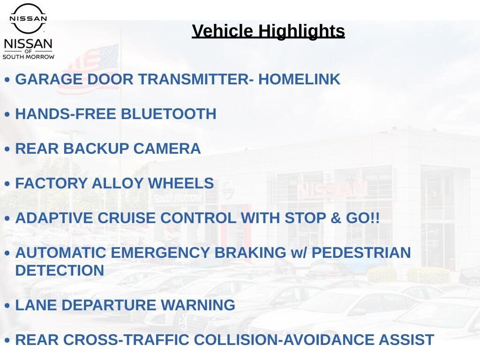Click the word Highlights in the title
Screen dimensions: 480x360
click(301, 31)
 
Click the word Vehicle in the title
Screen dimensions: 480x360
click(223, 31)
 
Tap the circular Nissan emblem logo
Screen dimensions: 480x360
click(28, 18)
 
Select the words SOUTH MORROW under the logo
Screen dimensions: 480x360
click(29, 57)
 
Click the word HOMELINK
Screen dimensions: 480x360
click(299, 79)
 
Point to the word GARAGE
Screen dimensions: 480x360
click(49, 79)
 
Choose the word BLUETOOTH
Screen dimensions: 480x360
click(169, 114)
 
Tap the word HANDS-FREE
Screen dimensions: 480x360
click(66, 114)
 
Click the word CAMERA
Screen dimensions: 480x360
click(167, 149)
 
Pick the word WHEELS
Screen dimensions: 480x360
click(181, 183)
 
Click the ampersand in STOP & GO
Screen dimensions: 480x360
click(336, 218)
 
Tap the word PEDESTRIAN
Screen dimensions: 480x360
click(361, 253)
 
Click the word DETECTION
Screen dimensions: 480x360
click(60, 270)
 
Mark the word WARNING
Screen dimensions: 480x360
click(198, 305)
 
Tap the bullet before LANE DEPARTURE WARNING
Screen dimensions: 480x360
click(7, 306)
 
